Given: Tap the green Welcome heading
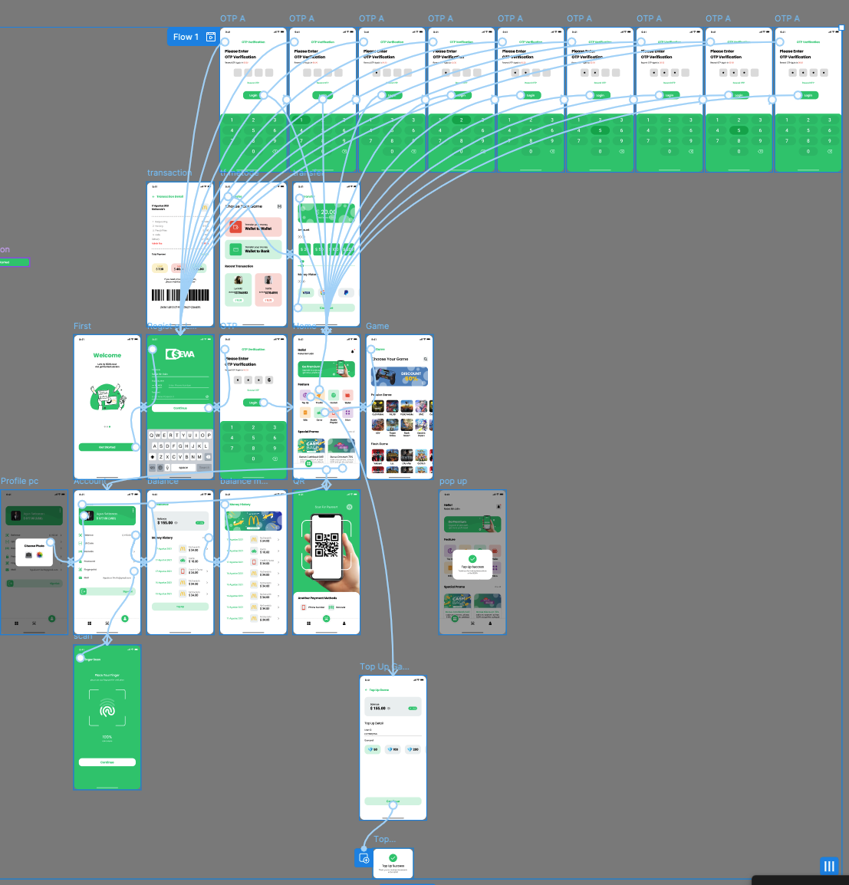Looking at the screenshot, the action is click(107, 355).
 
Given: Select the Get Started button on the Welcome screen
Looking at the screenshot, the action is click(107, 447).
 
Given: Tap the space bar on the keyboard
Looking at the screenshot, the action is click(183, 467).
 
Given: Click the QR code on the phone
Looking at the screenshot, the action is click(327, 544).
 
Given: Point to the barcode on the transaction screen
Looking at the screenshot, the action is click(180, 295).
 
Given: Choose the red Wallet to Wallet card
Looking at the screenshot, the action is click(253, 227).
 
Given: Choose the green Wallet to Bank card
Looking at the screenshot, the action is click(253, 249).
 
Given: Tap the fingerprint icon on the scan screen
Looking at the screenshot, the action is click(107, 711).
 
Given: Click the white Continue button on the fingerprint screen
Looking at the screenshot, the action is click(107, 762).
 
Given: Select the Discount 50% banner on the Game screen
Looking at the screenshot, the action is click(399, 376).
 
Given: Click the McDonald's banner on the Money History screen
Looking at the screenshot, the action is click(253, 521).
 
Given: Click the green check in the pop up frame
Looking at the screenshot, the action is click(472, 559).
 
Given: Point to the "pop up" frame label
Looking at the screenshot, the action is click(452, 482).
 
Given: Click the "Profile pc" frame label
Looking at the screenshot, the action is click(19, 482).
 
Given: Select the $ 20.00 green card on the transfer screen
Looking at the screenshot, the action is click(327, 212).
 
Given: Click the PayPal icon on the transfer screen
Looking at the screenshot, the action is click(346, 292).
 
